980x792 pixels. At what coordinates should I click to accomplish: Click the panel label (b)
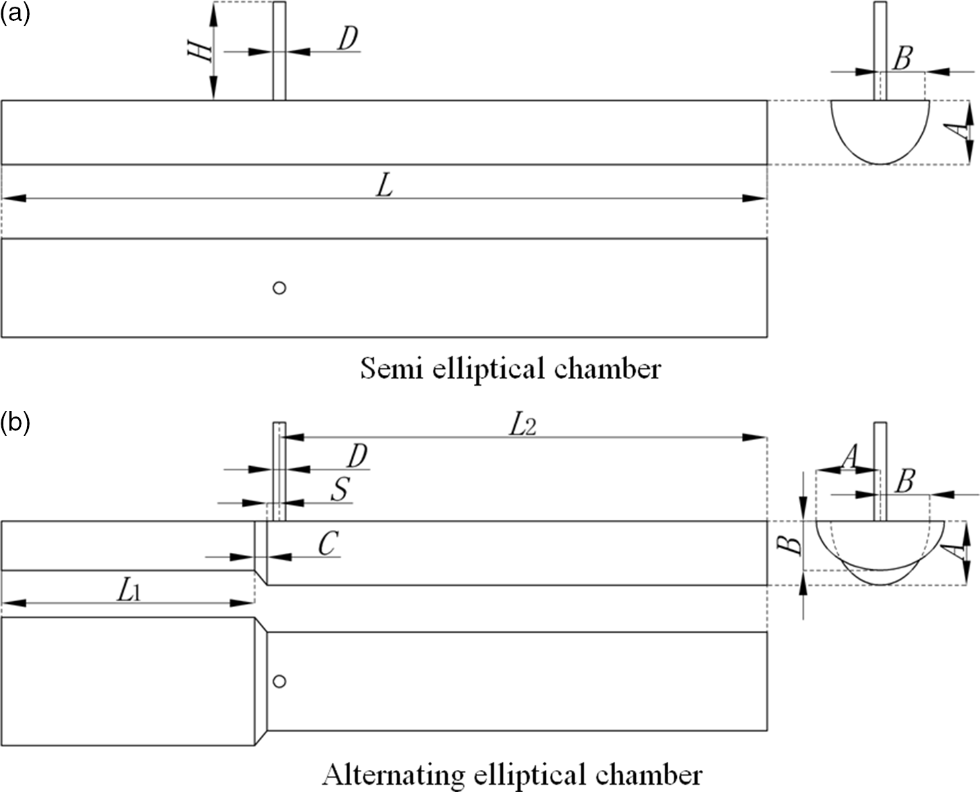tap(15, 424)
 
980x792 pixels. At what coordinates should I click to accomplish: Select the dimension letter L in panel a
tap(384, 186)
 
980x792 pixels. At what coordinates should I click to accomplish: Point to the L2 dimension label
tap(522, 426)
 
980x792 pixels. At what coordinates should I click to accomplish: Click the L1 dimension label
tap(128, 591)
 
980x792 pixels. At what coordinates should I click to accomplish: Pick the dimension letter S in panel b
tap(341, 490)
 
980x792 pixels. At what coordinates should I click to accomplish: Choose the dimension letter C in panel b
tap(327, 544)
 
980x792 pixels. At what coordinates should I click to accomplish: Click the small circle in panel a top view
tap(280, 288)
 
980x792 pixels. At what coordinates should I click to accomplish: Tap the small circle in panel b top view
tap(280, 681)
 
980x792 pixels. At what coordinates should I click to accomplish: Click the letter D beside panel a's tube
tap(347, 40)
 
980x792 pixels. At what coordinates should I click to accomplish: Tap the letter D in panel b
tap(357, 457)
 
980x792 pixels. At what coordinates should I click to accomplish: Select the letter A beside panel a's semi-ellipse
tap(965, 126)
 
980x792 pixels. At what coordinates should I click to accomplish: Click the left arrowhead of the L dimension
tap(13, 198)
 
